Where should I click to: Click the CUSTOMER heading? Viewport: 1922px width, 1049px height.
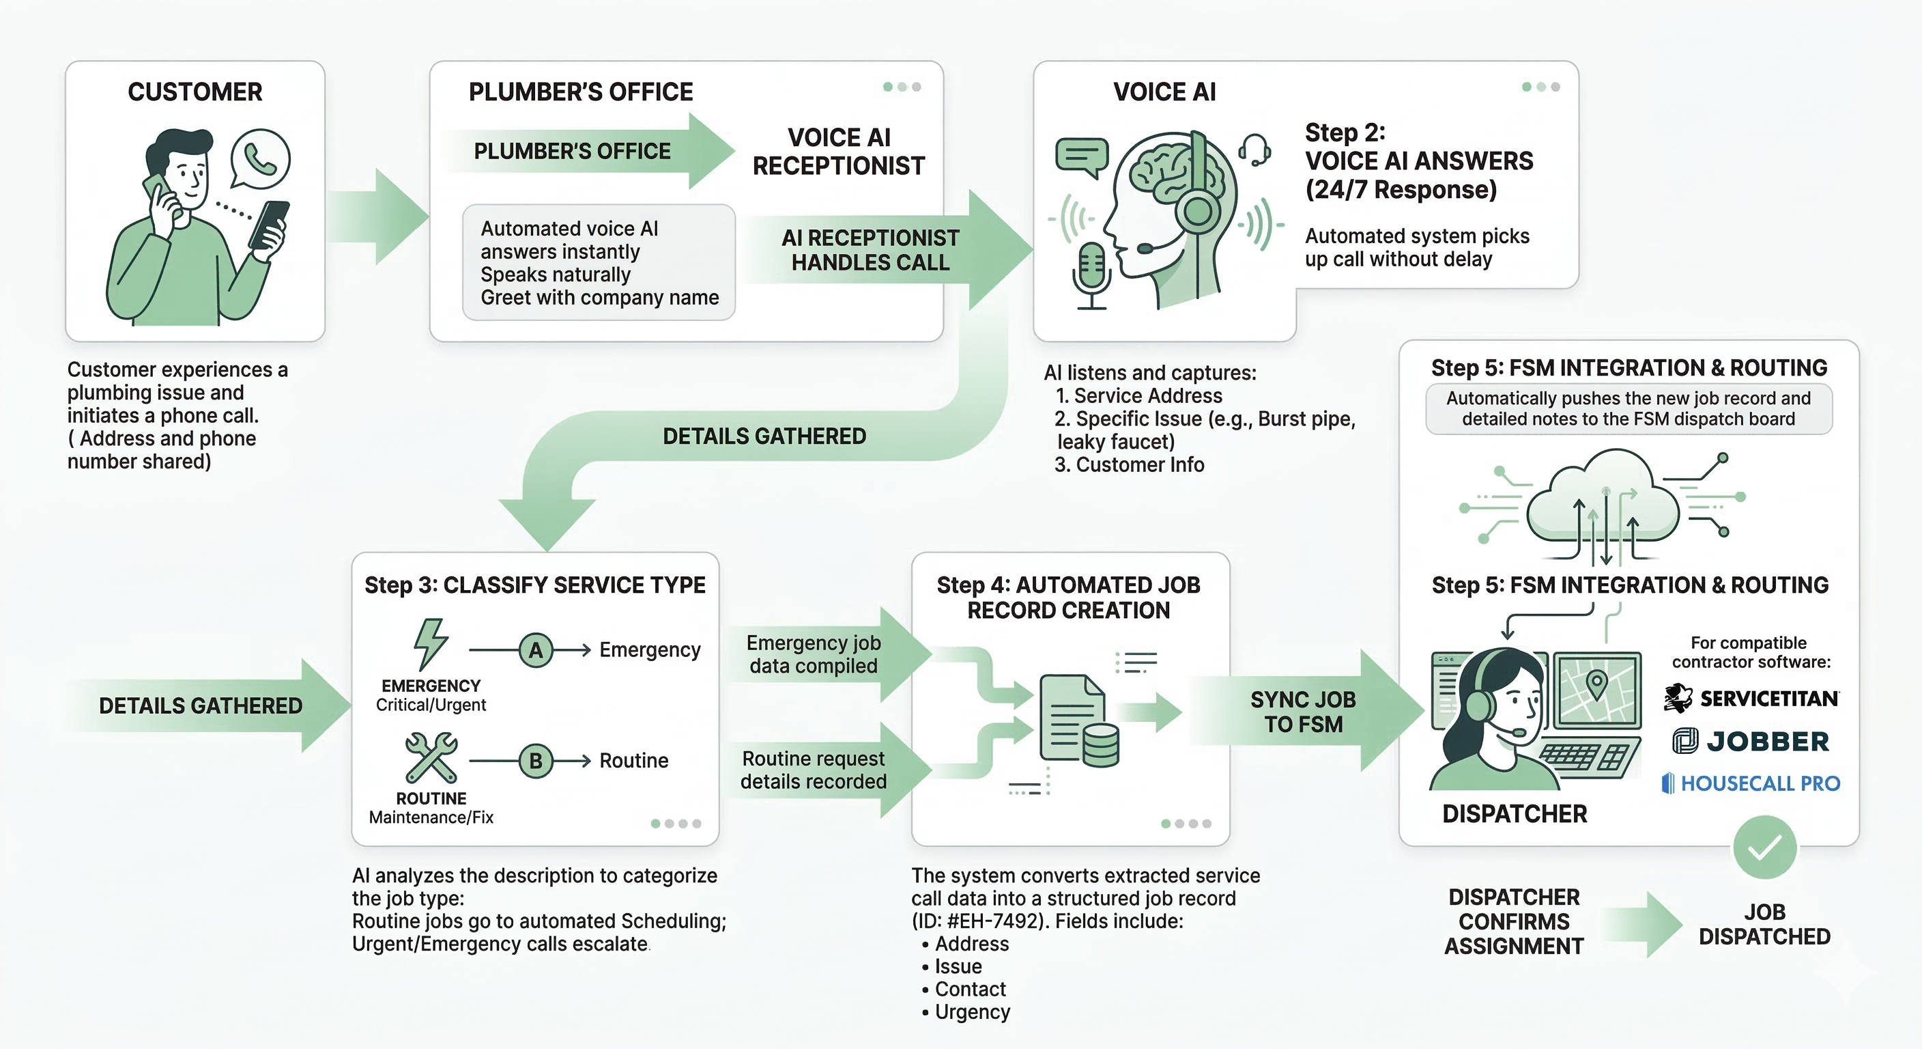195,92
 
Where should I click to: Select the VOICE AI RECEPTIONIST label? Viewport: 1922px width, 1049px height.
839,152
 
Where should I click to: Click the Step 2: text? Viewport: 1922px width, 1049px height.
1345,133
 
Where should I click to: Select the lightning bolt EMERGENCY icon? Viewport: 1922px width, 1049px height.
431,643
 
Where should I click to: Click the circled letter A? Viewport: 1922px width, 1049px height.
536,650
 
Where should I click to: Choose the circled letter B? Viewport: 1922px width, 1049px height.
536,761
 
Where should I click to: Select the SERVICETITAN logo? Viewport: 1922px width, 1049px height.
1751,699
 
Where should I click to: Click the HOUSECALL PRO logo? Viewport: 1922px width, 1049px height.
1751,783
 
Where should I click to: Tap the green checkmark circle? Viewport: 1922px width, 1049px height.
1764,848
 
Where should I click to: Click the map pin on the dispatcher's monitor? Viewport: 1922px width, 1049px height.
1596,683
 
